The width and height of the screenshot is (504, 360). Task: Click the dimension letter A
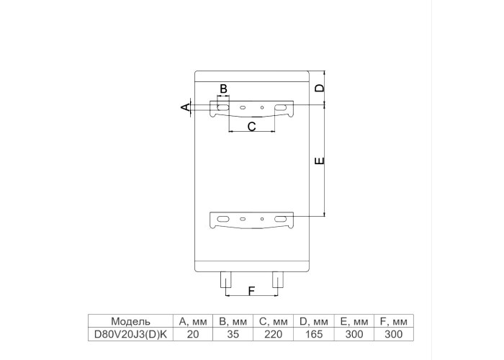coord(186,107)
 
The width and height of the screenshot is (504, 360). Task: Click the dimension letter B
coord(223,89)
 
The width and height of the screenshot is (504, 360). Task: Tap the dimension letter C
coord(252,127)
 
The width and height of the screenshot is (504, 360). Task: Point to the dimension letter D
coord(320,88)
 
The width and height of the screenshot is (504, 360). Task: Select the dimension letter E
coord(320,161)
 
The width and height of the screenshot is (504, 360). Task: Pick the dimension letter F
coord(252,291)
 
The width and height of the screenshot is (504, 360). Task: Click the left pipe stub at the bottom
coord(225,279)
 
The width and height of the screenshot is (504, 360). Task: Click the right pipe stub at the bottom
coord(278,279)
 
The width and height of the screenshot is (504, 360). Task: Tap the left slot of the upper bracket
coord(223,107)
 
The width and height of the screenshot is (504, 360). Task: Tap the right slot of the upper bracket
coord(281,107)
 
